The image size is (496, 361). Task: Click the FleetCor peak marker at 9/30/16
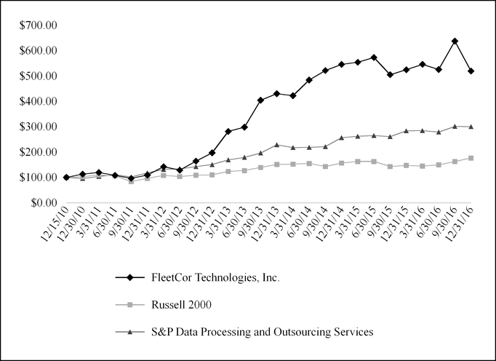pyautogui.click(x=455, y=41)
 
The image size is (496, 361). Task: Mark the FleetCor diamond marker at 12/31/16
pyautogui.click(x=471, y=71)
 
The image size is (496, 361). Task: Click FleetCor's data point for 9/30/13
pyautogui.click(x=260, y=100)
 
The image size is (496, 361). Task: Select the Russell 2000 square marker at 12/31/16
pyautogui.click(x=471, y=158)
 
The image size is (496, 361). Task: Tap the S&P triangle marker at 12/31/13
pyautogui.click(x=276, y=145)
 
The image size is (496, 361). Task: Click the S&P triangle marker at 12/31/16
pyautogui.click(x=471, y=127)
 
